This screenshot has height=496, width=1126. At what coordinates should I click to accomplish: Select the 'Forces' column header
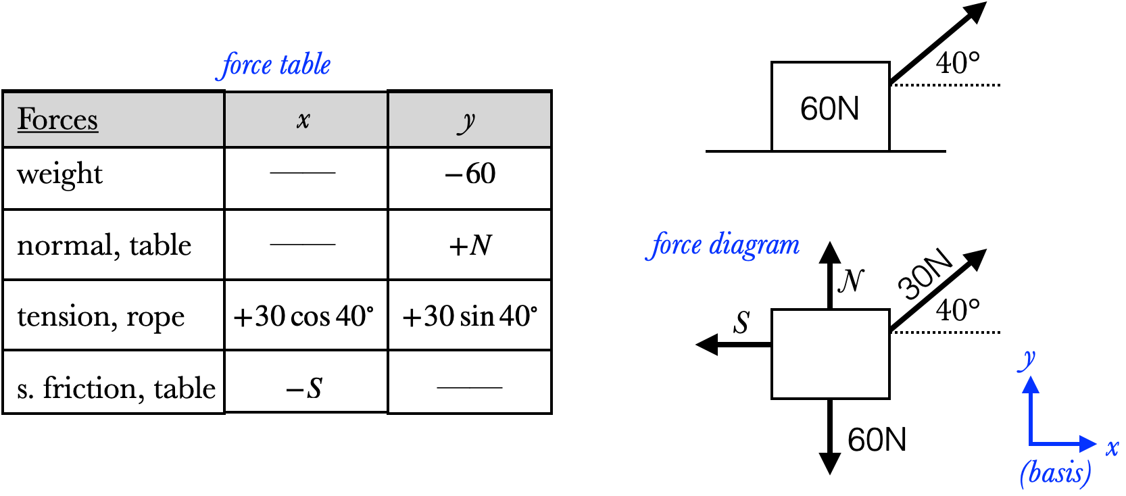[x=58, y=120]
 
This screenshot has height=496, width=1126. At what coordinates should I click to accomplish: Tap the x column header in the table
[x=303, y=120]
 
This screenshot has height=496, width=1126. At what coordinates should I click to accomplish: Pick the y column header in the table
[x=466, y=122]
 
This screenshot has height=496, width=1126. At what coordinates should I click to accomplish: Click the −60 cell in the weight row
[x=470, y=174]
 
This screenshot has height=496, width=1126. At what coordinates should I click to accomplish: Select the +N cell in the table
[x=470, y=245]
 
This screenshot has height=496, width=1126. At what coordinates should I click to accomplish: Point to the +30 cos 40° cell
[x=303, y=316]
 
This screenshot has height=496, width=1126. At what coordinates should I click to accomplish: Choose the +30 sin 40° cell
[x=470, y=316]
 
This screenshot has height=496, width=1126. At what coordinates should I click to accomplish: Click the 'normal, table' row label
[x=104, y=245]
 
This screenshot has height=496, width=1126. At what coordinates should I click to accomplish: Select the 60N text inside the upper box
[x=829, y=109]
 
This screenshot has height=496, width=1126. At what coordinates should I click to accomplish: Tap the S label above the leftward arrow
[x=742, y=323]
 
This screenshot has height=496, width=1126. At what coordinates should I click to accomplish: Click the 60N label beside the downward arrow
[x=877, y=440]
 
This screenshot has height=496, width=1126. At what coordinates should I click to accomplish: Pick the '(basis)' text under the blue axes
[x=1055, y=473]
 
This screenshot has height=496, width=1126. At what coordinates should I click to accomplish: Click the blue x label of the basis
[x=1112, y=447]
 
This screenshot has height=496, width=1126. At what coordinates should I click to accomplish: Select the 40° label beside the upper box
[x=958, y=64]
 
